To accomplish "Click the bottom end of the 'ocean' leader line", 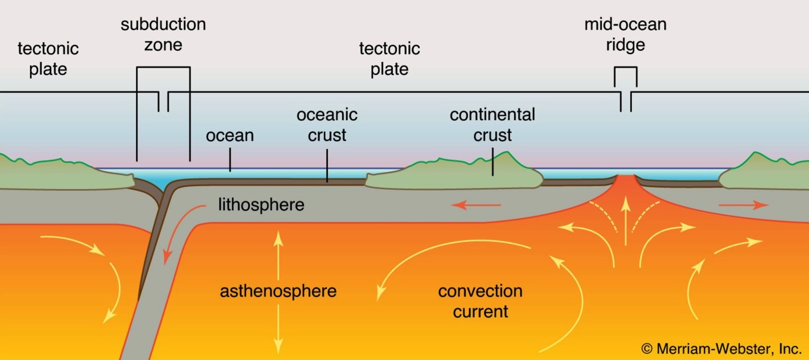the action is (230, 171).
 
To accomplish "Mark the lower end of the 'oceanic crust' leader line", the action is (327, 182).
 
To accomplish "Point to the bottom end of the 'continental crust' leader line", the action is (492, 175).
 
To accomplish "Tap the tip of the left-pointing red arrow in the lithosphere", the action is (452, 205).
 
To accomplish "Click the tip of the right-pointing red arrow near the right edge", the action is (768, 205).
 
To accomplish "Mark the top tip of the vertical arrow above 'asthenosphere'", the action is (278, 231).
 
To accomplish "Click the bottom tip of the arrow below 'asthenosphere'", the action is (278, 354).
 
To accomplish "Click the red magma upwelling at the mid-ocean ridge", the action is (626, 191).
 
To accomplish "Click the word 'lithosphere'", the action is (261, 205).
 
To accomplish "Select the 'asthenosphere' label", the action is (278, 291).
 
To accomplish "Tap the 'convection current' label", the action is (480, 301).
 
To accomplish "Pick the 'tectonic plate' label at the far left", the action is (48, 58).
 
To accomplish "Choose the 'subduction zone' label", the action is (163, 34).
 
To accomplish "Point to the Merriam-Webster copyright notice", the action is (721, 349).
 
